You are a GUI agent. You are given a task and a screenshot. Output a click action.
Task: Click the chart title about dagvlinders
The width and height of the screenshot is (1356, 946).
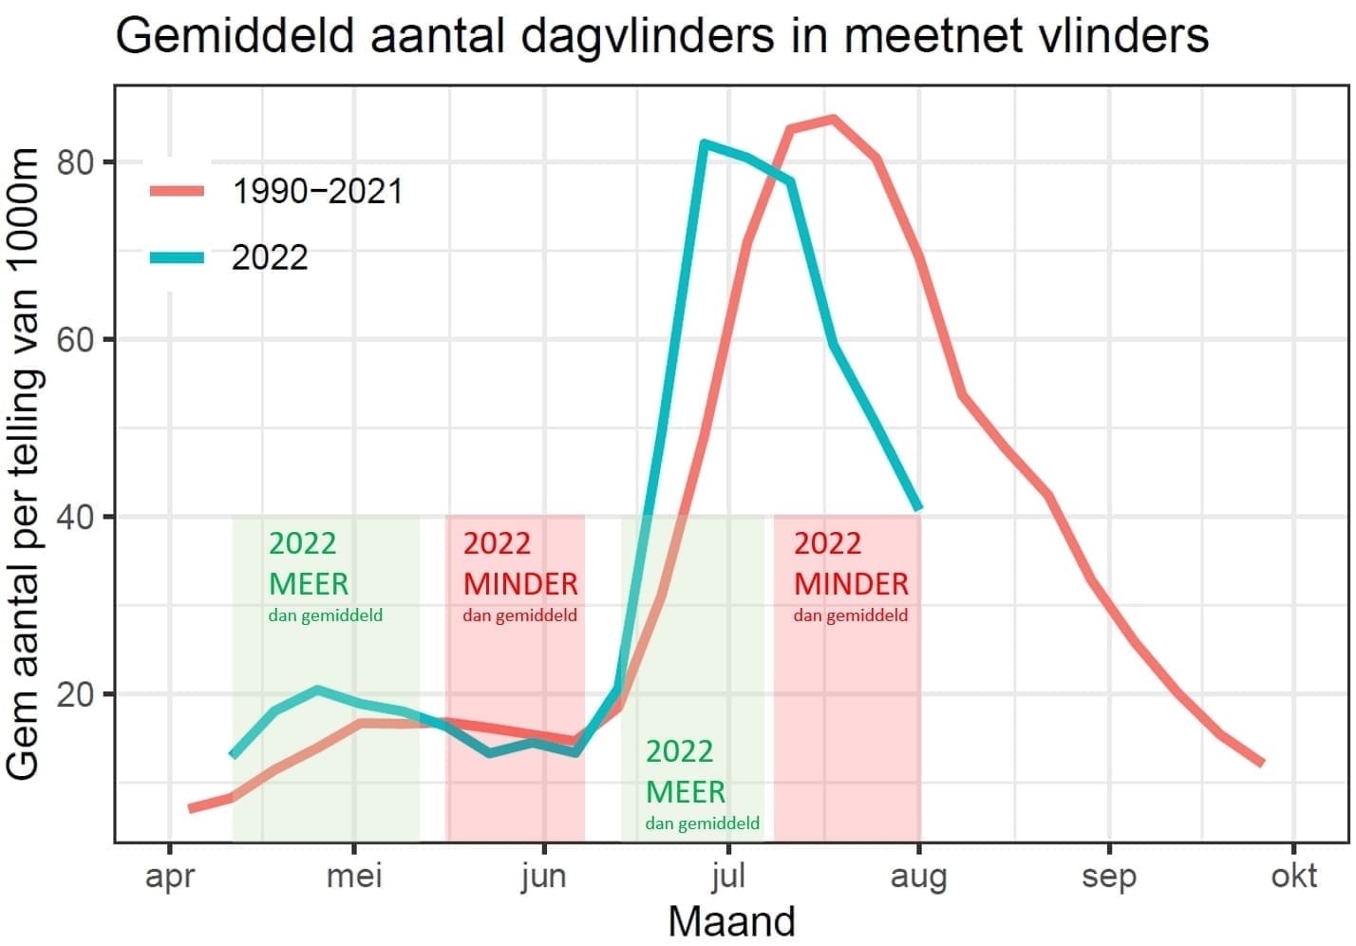(662, 36)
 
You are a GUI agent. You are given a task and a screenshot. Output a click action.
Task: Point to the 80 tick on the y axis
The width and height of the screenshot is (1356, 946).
(76, 162)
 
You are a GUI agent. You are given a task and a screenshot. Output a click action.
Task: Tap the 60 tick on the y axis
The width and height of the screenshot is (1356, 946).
(76, 340)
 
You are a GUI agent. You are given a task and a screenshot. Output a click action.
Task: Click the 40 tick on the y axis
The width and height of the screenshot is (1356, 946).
(76, 518)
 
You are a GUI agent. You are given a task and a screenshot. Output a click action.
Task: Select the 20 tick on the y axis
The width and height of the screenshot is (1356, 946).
(76, 694)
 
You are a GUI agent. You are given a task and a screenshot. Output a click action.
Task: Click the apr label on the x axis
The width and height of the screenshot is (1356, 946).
(170, 876)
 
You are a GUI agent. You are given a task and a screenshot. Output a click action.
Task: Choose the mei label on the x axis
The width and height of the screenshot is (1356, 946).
(354, 876)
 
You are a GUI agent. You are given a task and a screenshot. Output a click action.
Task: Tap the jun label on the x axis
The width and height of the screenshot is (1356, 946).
(543, 876)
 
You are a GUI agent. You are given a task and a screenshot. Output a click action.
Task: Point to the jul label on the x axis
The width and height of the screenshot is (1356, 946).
(727, 876)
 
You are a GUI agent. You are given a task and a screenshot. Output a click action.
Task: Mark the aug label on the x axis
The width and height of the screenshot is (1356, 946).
(918, 876)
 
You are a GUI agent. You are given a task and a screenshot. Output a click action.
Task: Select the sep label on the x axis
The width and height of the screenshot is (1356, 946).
(1108, 876)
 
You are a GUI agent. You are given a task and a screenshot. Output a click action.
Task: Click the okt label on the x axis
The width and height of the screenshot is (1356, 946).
(1293, 876)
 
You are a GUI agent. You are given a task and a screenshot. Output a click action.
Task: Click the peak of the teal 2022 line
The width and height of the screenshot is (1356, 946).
(704, 143)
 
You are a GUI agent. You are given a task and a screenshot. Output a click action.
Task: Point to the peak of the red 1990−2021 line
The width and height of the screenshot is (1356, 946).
(833, 119)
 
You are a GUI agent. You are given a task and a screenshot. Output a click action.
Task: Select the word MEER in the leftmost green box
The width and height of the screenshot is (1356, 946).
(309, 583)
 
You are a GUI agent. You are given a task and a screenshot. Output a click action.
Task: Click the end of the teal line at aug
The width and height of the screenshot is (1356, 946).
(918, 508)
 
